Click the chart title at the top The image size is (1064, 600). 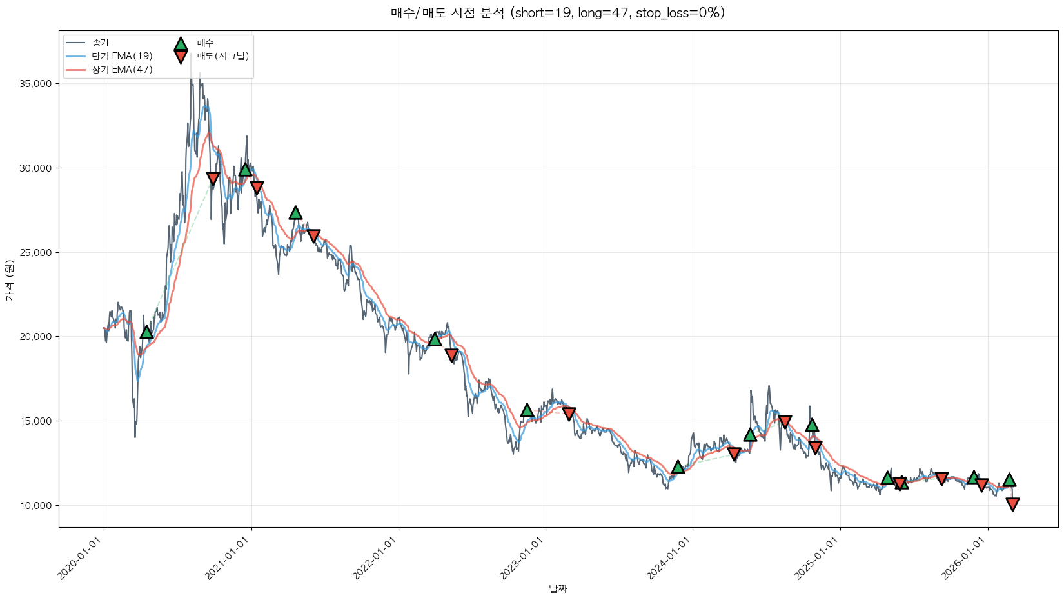point(557,13)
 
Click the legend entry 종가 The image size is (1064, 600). point(101,43)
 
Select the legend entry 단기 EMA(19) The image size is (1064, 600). point(122,56)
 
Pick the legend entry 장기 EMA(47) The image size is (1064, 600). point(122,70)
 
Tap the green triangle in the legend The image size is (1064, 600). point(181,44)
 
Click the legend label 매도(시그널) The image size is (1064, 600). point(222,56)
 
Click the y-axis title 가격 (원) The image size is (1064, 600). point(9,281)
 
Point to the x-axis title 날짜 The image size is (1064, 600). point(558,588)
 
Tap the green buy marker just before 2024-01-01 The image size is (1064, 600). point(678,466)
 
